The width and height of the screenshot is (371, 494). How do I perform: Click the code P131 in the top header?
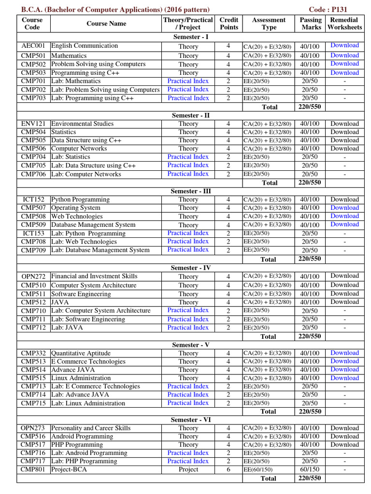[x=334, y=9]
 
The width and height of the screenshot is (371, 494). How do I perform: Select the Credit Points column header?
[x=228, y=24]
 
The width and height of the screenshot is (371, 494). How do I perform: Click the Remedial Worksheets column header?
[x=344, y=24]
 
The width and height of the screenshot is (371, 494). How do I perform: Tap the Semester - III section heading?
[x=191, y=191]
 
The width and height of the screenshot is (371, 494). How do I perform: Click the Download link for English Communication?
[x=344, y=45]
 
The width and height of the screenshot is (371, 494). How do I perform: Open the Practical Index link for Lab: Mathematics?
[x=188, y=81]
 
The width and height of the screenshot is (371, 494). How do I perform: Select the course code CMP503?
[x=33, y=73]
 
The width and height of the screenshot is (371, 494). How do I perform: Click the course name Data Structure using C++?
[x=86, y=140]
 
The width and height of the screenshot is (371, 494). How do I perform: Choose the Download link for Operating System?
[x=344, y=207]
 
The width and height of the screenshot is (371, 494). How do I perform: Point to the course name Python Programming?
[x=80, y=199]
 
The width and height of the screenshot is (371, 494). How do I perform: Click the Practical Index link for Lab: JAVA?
[x=188, y=328]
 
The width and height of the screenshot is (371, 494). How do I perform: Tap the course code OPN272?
[x=33, y=276]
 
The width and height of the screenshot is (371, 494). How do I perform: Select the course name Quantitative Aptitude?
[x=81, y=353]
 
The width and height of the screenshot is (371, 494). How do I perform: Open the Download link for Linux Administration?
[x=344, y=378]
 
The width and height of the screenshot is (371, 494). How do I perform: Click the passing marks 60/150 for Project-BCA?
[x=310, y=469]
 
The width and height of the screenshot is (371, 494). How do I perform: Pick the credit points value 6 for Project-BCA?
[x=228, y=469]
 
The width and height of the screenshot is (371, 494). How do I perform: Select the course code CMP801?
[x=33, y=469]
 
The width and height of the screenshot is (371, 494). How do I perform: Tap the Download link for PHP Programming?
[x=344, y=444]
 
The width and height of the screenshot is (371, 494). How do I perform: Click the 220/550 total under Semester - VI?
[x=310, y=478]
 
